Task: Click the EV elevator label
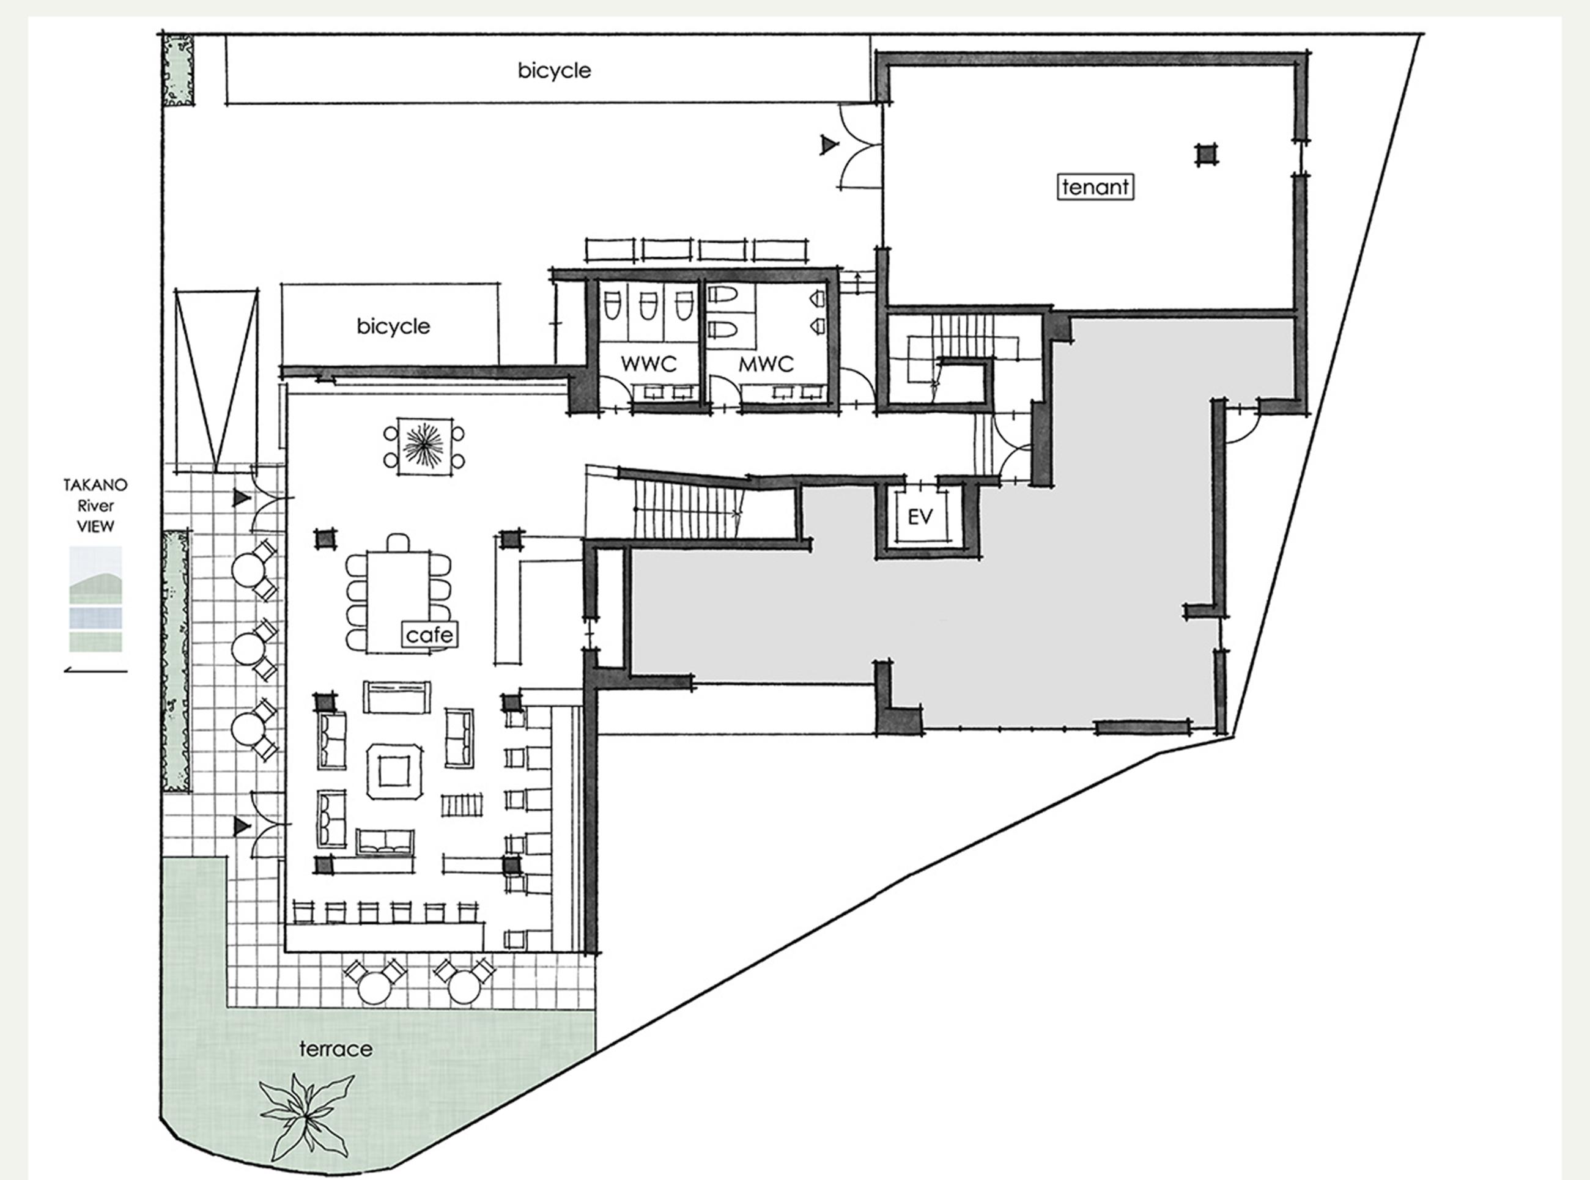(920, 517)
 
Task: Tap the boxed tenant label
(1095, 187)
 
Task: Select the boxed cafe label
(429, 634)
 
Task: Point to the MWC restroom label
(766, 364)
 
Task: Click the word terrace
(336, 1049)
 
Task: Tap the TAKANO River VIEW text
(95, 506)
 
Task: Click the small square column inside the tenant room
(1207, 154)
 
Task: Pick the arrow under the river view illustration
(96, 670)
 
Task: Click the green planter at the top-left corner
(178, 70)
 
